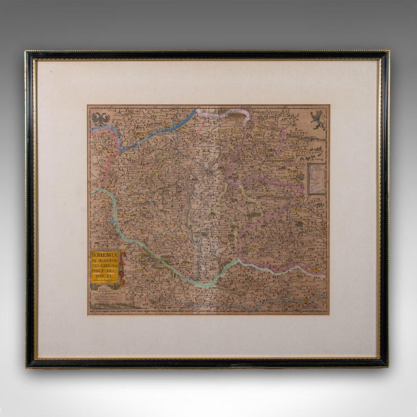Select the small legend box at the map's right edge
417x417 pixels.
316,177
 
